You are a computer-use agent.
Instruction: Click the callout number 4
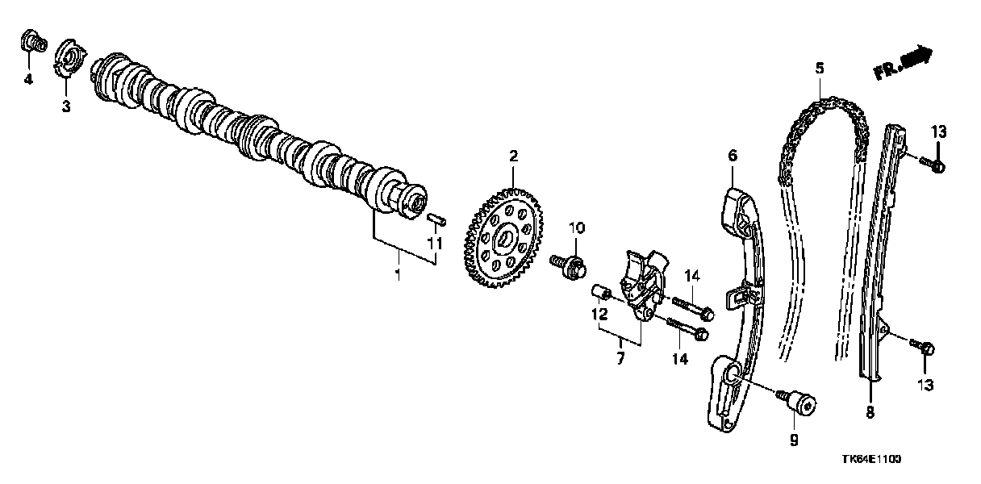click(x=28, y=80)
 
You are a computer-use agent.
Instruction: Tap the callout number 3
click(x=66, y=106)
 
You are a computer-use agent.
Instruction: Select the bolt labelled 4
click(x=33, y=42)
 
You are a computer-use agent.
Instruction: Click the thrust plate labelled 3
click(x=69, y=59)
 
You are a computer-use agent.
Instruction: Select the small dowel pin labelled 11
click(x=436, y=219)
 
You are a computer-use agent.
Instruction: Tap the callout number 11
click(x=435, y=243)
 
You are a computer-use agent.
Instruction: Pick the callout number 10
click(x=577, y=227)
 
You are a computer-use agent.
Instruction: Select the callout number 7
click(x=620, y=358)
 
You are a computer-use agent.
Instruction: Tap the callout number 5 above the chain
click(x=820, y=68)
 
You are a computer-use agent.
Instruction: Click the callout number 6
click(x=733, y=155)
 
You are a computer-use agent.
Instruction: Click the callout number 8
click(x=870, y=412)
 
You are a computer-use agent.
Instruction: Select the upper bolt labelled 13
click(x=932, y=164)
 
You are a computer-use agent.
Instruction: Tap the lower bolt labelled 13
click(x=922, y=348)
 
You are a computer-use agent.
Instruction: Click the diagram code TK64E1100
click(x=872, y=459)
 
